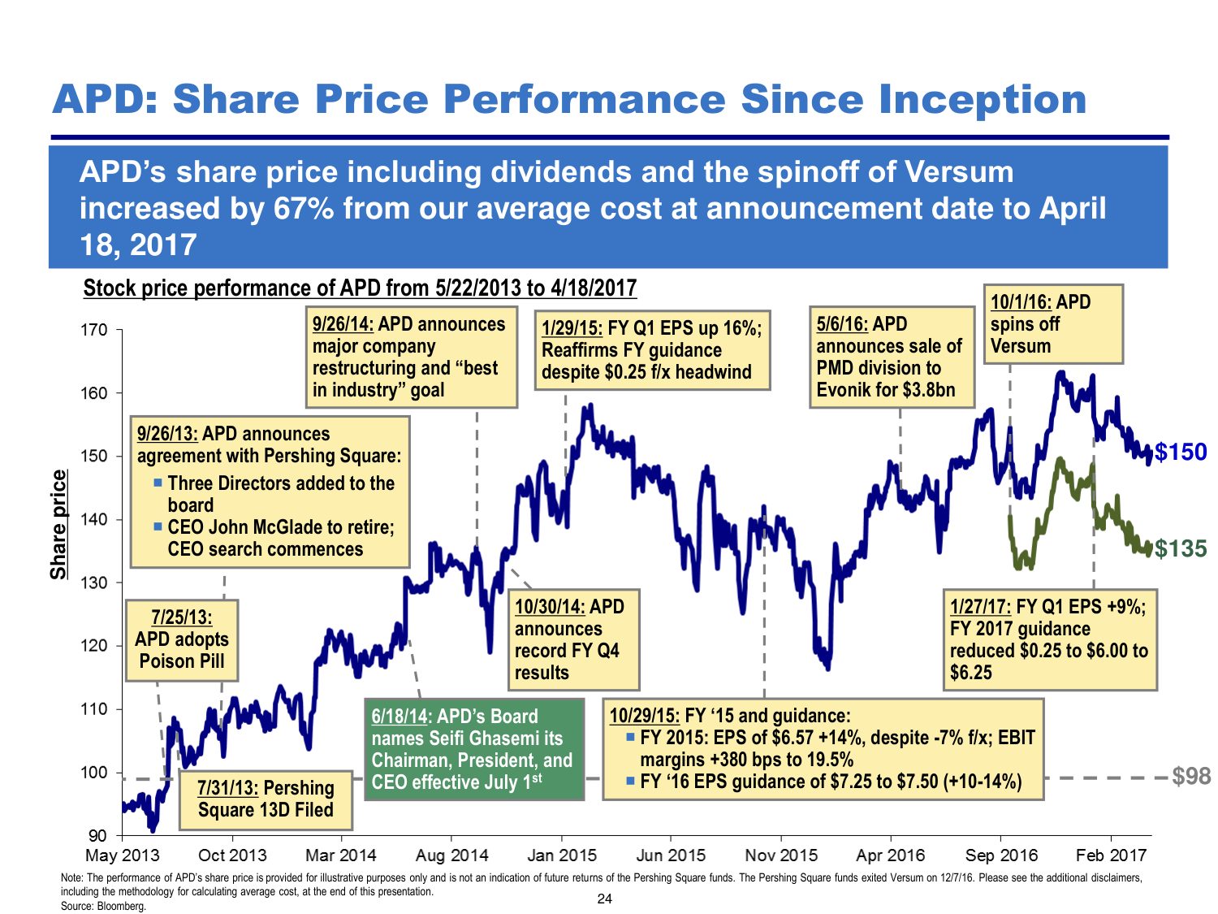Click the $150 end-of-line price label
(x=1181, y=452)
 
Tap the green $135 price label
(x=1181, y=549)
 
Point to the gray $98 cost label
(x=1191, y=777)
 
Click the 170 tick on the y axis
(x=94, y=330)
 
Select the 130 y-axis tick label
(x=94, y=583)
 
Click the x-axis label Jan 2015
(x=562, y=856)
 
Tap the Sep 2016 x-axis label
(x=1001, y=856)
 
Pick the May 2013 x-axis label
(x=123, y=856)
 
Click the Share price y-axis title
(x=58, y=525)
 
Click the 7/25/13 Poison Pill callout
(x=182, y=639)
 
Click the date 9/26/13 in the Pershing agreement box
(x=167, y=434)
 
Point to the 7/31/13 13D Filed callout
(x=266, y=799)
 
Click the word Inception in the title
(x=983, y=99)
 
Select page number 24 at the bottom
(x=604, y=899)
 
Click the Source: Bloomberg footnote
(x=103, y=906)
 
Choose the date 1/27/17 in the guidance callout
(x=980, y=607)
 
